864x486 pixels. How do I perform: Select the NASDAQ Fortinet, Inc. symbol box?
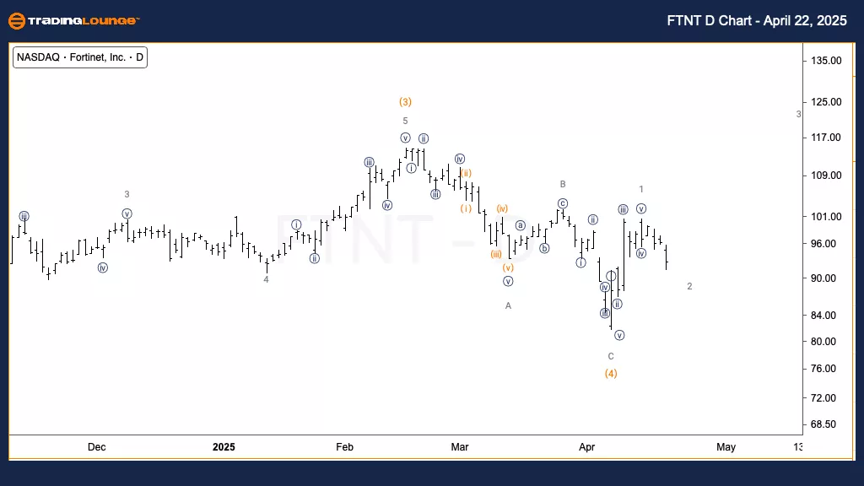(x=81, y=58)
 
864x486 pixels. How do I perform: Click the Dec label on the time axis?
(x=96, y=447)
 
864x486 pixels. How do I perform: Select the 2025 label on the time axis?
(x=224, y=447)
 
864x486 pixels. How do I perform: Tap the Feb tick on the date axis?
(x=344, y=447)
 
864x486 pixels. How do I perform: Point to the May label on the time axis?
(x=726, y=447)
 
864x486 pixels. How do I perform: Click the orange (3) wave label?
(x=405, y=102)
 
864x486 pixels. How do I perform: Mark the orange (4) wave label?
(x=611, y=374)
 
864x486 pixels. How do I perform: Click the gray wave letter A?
(x=509, y=305)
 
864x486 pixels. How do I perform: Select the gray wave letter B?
(x=562, y=184)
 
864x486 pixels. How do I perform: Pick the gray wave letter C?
(x=611, y=356)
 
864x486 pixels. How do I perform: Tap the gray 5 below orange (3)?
(x=405, y=121)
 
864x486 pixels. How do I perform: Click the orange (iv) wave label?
(x=502, y=208)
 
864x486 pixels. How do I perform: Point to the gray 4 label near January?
(x=266, y=279)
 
